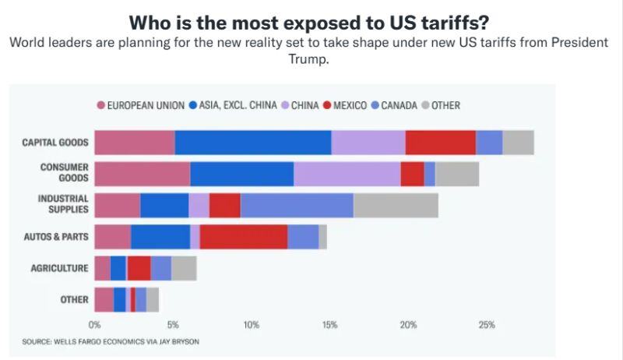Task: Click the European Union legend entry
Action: pos(141,105)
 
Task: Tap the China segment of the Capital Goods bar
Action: pos(368,143)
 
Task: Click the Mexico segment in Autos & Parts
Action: pos(243,236)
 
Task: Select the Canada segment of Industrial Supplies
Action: pos(297,205)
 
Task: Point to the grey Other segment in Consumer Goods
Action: pos(457,174)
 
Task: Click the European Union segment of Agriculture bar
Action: pos(102,267)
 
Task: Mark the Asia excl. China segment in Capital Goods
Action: pos(253,143)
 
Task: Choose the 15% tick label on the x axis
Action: pos(329,324)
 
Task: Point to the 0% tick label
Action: pos(95,324)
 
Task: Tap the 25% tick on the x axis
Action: pos(486,324)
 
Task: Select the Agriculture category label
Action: pos(60,267)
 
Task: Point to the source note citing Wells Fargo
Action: pos(116,341)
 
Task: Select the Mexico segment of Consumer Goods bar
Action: pos(412,174)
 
